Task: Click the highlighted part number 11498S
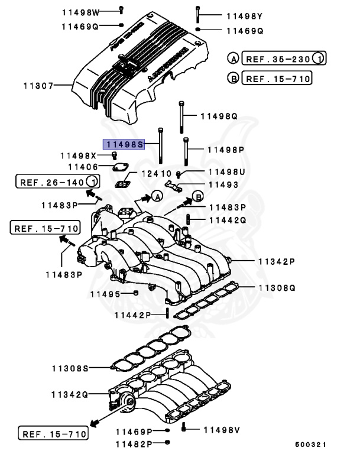click(x=124, y=144)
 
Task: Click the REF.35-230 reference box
click(x=276, y=59)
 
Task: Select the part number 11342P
click(x=276, y=261)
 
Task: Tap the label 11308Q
click(x=276, y=288)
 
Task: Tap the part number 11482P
click(x=134, y=443)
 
